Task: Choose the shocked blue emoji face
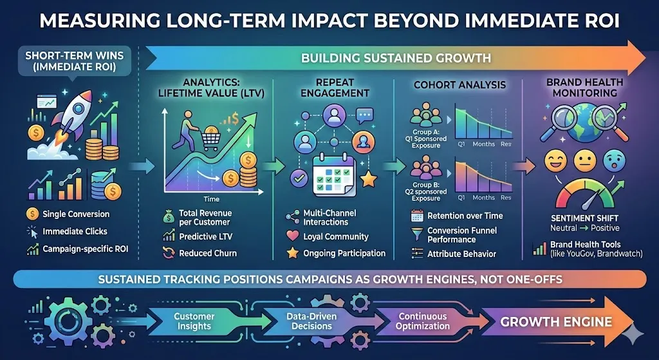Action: point(616,160)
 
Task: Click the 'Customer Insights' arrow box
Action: point(194,321)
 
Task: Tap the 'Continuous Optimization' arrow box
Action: point(423,321)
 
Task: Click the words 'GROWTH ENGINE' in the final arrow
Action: point(557,321)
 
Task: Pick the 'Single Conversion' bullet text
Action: point(76,214)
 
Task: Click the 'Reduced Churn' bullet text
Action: point(200,254)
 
